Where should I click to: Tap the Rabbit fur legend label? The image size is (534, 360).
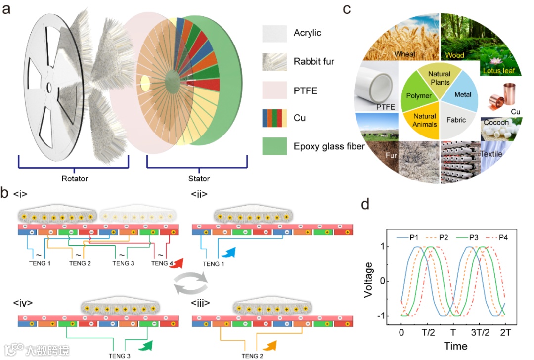(314, 62)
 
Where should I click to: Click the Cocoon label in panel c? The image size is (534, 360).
(496, 122)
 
